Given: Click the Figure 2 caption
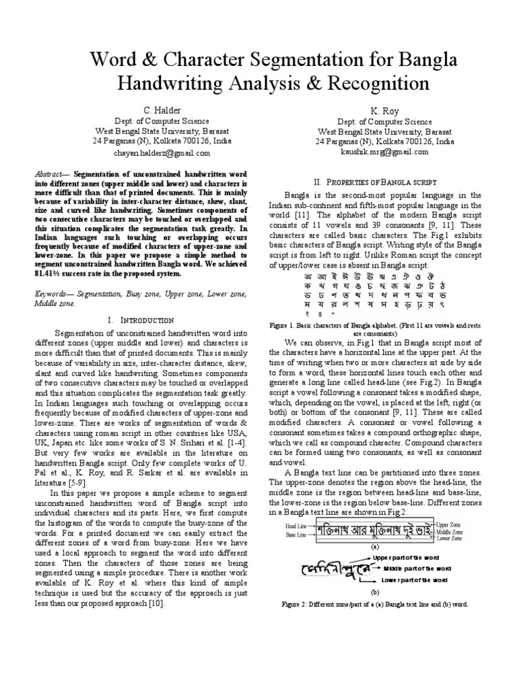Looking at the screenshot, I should pyautogui.click(x=374, y=604).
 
